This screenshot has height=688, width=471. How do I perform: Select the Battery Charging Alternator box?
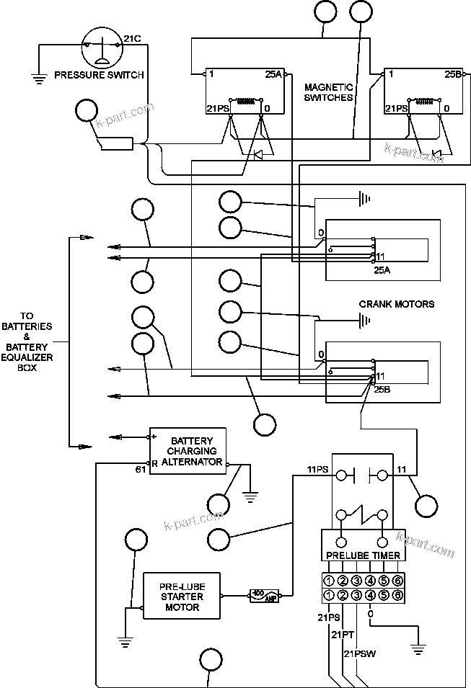click(187, 451)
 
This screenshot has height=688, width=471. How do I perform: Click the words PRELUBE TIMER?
click(363, 555)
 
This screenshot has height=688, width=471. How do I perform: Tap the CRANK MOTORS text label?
click(396, 304)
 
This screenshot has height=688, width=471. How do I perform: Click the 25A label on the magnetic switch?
click(273, 74)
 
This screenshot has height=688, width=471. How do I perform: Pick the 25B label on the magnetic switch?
click(452, 74)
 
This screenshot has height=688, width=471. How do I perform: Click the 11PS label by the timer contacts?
click(318, 470)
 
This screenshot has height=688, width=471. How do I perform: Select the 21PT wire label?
click(342, 635)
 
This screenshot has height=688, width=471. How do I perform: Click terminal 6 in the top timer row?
click(397, 581)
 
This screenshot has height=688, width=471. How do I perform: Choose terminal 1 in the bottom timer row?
click(328, 595)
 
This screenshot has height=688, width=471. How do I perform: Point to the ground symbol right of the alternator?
click(251, 494)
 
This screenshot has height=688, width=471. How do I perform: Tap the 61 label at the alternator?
click(141, 470)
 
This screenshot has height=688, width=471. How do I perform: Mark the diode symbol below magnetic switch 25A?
click(257, 155)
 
